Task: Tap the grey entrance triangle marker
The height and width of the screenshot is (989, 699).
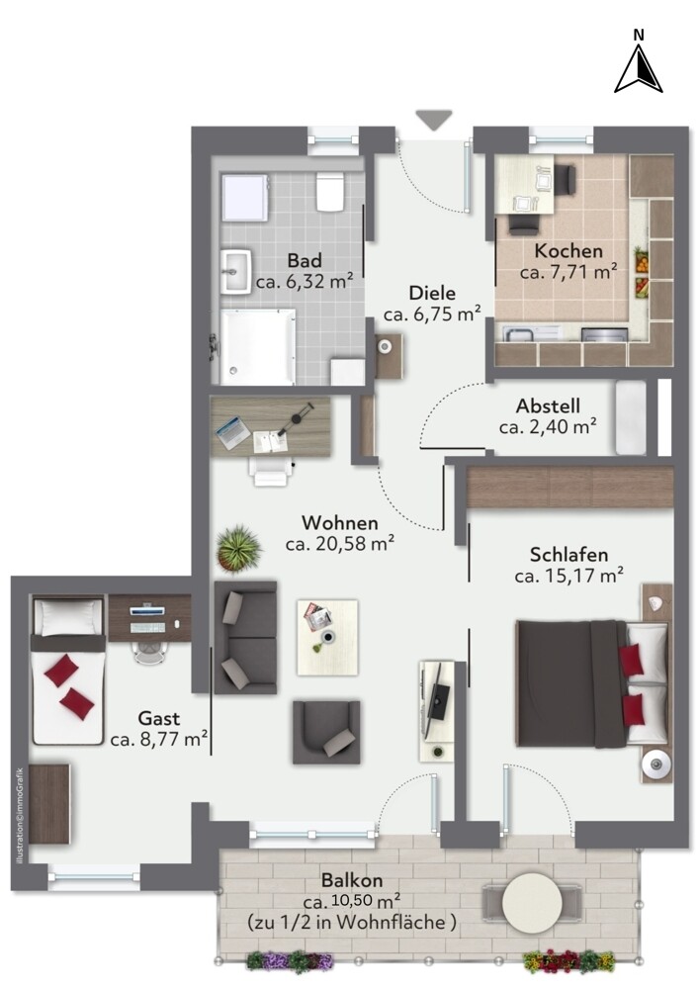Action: pos(434,120)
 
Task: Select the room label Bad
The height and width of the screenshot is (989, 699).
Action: pos(305,260)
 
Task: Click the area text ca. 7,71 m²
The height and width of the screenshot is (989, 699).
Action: pos(568,273)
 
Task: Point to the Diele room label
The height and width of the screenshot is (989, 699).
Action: pos(432,293)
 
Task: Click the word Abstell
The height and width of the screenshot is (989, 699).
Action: pos(548,405)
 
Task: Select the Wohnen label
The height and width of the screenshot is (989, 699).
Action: pos(340,523)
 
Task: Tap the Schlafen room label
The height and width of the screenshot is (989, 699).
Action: pos(568,555)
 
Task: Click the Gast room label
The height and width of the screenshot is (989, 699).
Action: pos(159,718)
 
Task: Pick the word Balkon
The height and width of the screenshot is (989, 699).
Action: pos(352,880)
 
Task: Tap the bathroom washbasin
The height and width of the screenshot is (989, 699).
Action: pos(235,271)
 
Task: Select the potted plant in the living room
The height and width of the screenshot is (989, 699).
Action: pos(239,548)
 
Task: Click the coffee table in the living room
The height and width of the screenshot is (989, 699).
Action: pos(327,637)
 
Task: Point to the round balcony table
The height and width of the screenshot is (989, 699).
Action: pos(533,903)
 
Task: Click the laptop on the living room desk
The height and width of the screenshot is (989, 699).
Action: pos(232,433)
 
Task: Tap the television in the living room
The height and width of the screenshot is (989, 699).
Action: pos(436,697)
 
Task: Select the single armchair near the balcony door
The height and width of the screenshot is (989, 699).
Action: pos(326,732)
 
